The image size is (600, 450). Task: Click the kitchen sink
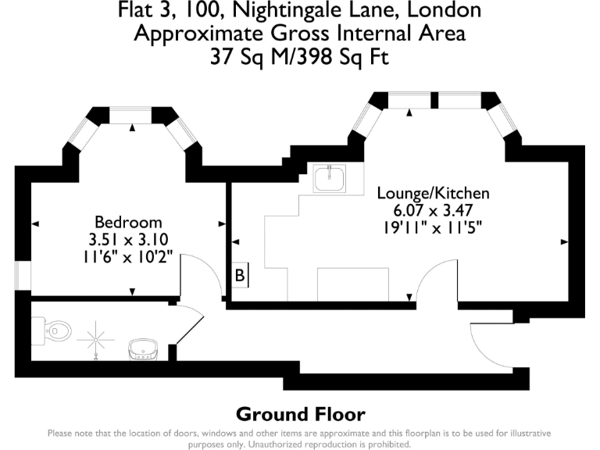pyautogui.click(x=329, y=180)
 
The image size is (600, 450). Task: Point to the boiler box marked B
pyautogui.click(x=241, y=275)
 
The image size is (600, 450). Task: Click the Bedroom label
pyautogui.click(x=128, y=222)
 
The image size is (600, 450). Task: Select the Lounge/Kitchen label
pyautogui.click(x=433, y=193)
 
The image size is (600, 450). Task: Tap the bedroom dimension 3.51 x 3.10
pyautogui.click(x=128, y=240)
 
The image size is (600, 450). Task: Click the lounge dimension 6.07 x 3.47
pyautogui.click(x=433, y=210)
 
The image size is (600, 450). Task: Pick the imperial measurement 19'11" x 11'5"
pyautogui.click(x=433, y=227)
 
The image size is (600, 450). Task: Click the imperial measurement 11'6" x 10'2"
pyautogui.click(x=128, y=257)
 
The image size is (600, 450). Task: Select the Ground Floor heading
pyautogui.click(x=300, y=414)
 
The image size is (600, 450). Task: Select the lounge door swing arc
pyautogui.click(x=435, y=277)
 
